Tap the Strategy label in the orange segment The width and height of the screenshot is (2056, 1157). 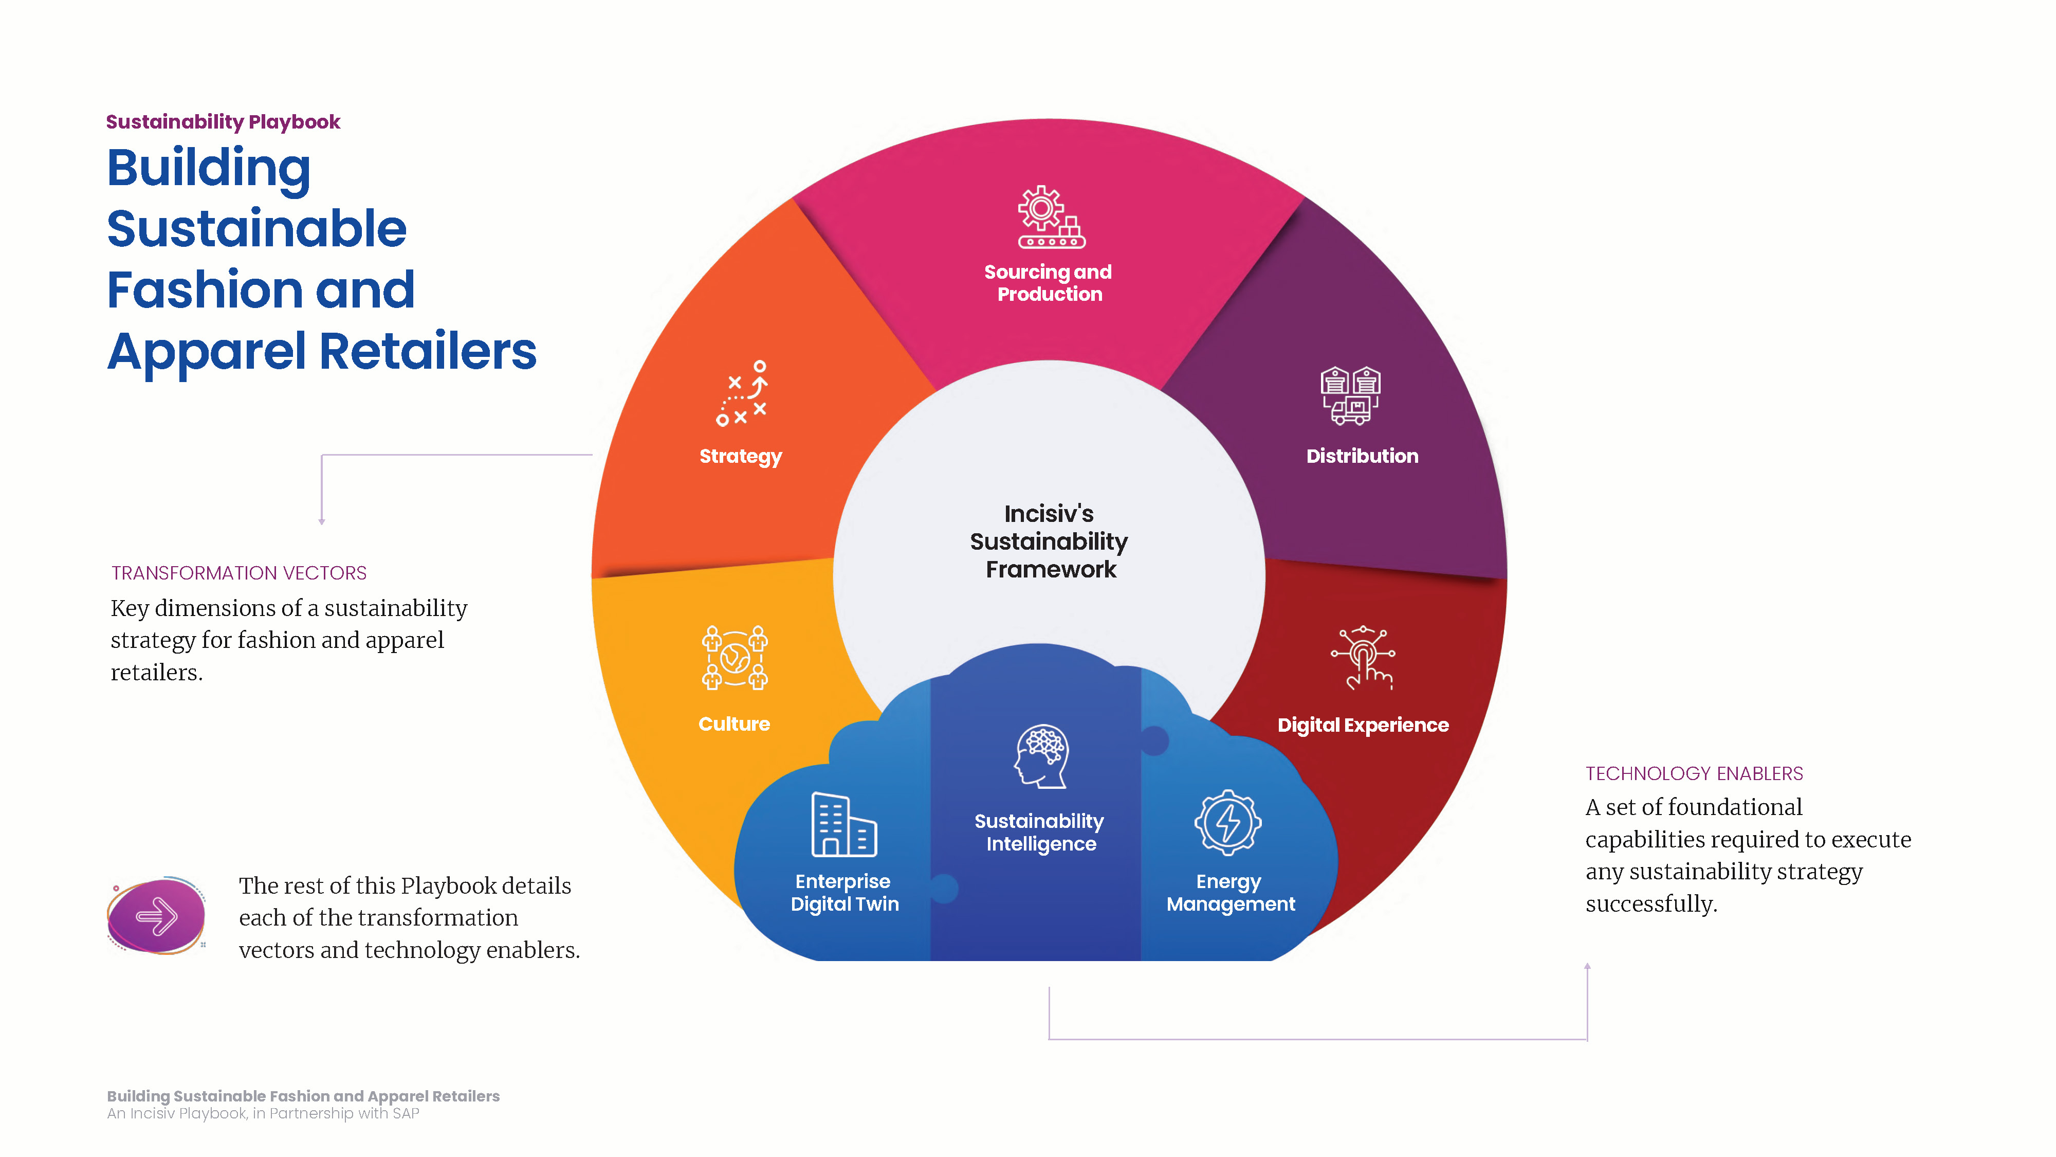point(741,457)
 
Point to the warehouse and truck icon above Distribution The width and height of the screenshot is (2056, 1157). point(1350,395)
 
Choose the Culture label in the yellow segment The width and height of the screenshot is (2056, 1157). point(735,724)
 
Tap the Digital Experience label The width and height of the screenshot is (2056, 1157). point(1363,726)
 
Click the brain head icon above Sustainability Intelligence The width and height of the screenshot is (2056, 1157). point(1041,756)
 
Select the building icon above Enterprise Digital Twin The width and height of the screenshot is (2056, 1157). point(843,824)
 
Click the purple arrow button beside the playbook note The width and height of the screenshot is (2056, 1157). point(156,916)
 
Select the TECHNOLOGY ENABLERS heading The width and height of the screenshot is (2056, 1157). point(1694,774)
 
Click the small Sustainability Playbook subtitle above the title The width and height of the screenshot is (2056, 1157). point(224,122)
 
